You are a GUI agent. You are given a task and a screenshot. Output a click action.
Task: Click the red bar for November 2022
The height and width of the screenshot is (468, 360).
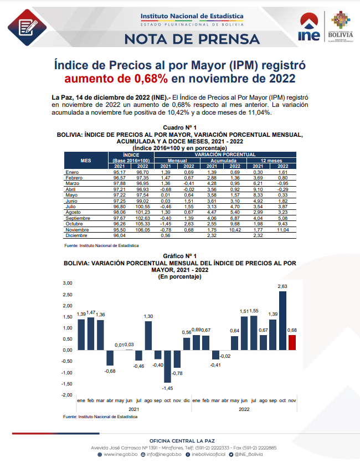[x=292, y=342]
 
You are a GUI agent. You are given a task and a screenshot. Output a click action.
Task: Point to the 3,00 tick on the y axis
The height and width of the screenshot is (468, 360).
[x=67, y=282]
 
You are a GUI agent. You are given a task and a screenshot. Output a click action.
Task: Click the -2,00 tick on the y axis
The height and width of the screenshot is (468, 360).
[x=66, y=395]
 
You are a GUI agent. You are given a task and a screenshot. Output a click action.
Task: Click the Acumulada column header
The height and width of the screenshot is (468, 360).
[x=224, y=160]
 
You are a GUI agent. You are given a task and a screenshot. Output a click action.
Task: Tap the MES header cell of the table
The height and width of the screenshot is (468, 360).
[x=85, y=160]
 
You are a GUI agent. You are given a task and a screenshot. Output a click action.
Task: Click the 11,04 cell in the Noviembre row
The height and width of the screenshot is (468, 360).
[x=282, y=229]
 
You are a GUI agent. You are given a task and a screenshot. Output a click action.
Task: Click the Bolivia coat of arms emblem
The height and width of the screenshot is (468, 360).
[x=341, y=20]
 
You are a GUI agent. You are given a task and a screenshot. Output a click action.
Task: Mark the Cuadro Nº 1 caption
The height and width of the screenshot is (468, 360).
[x=180, y=128]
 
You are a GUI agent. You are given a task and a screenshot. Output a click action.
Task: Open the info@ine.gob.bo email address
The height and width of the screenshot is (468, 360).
[x=163, y=454]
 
